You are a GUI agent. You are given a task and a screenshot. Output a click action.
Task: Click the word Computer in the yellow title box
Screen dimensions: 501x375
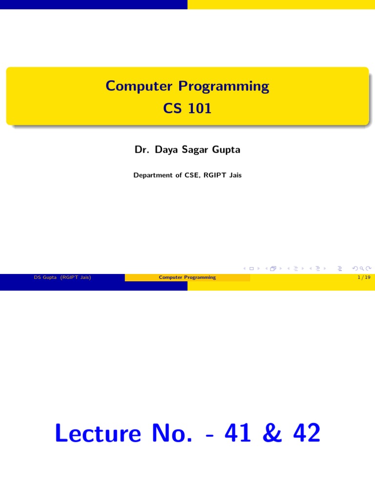click(139, 87)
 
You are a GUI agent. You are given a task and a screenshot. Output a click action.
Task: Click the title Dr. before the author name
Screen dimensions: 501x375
click(142, 150)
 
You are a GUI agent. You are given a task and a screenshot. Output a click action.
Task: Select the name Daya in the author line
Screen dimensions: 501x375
click(166, 150)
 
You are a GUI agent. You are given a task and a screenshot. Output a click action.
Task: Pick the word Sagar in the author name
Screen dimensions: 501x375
click(195, 150)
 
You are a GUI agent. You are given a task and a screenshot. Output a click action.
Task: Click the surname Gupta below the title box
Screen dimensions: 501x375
click(226, 150)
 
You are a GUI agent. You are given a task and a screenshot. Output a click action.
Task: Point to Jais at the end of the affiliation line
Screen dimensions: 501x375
click(234, 175)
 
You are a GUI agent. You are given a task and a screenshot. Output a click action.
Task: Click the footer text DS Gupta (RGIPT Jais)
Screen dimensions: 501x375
click(62, 277)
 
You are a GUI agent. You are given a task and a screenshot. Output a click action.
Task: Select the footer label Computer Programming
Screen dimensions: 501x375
click(187, 277)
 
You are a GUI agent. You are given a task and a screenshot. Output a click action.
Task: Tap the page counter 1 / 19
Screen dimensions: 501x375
click(364, 277)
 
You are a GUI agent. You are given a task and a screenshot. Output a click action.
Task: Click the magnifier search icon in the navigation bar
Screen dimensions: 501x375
click(361, 268)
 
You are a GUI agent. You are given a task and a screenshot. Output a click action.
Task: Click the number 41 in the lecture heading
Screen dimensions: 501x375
click(238, 433)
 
